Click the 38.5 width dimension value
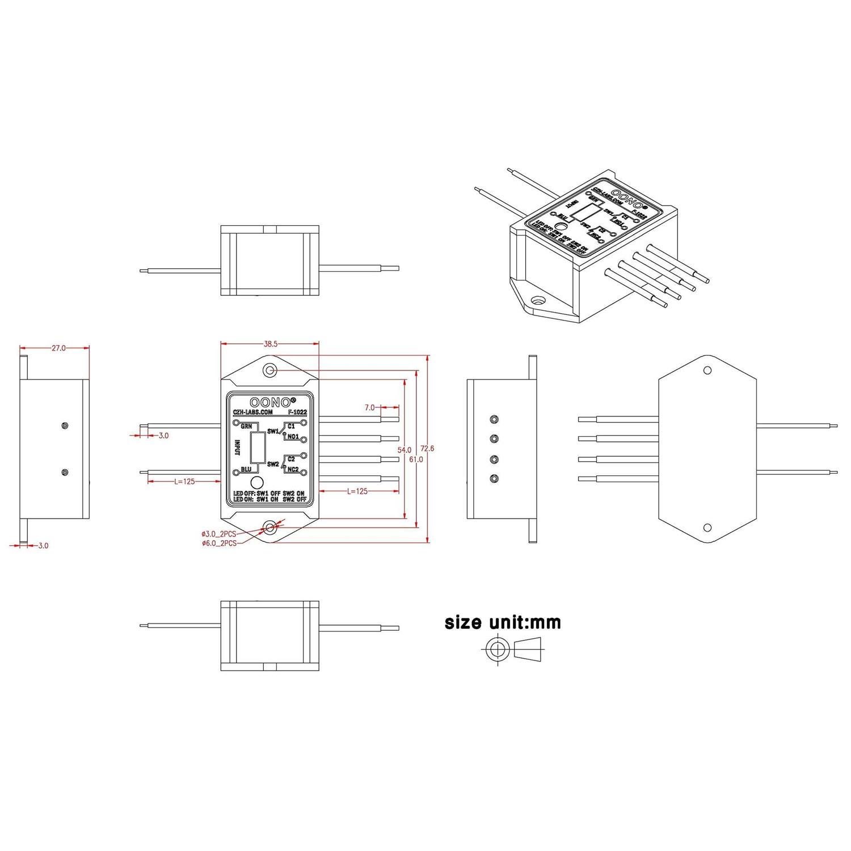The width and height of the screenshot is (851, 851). [270, 344]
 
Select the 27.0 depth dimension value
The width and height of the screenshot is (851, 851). [59, 348]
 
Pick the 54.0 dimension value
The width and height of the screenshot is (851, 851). [404, 450]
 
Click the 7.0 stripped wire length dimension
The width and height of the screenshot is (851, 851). [370, 407]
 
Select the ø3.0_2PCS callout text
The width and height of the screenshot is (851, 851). [218, 534]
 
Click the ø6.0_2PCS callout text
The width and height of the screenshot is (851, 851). [218, 543]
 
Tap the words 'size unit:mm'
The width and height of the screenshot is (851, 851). [503, 622]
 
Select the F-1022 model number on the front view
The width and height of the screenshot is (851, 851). [297, 412]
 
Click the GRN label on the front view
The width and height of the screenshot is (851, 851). [246, 425]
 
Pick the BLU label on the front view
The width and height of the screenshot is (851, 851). [246, 470]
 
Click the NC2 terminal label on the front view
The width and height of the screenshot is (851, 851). [293, 469]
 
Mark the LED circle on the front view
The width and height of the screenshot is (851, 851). [257, 483]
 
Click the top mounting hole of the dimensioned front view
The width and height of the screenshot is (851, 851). [270, 370]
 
